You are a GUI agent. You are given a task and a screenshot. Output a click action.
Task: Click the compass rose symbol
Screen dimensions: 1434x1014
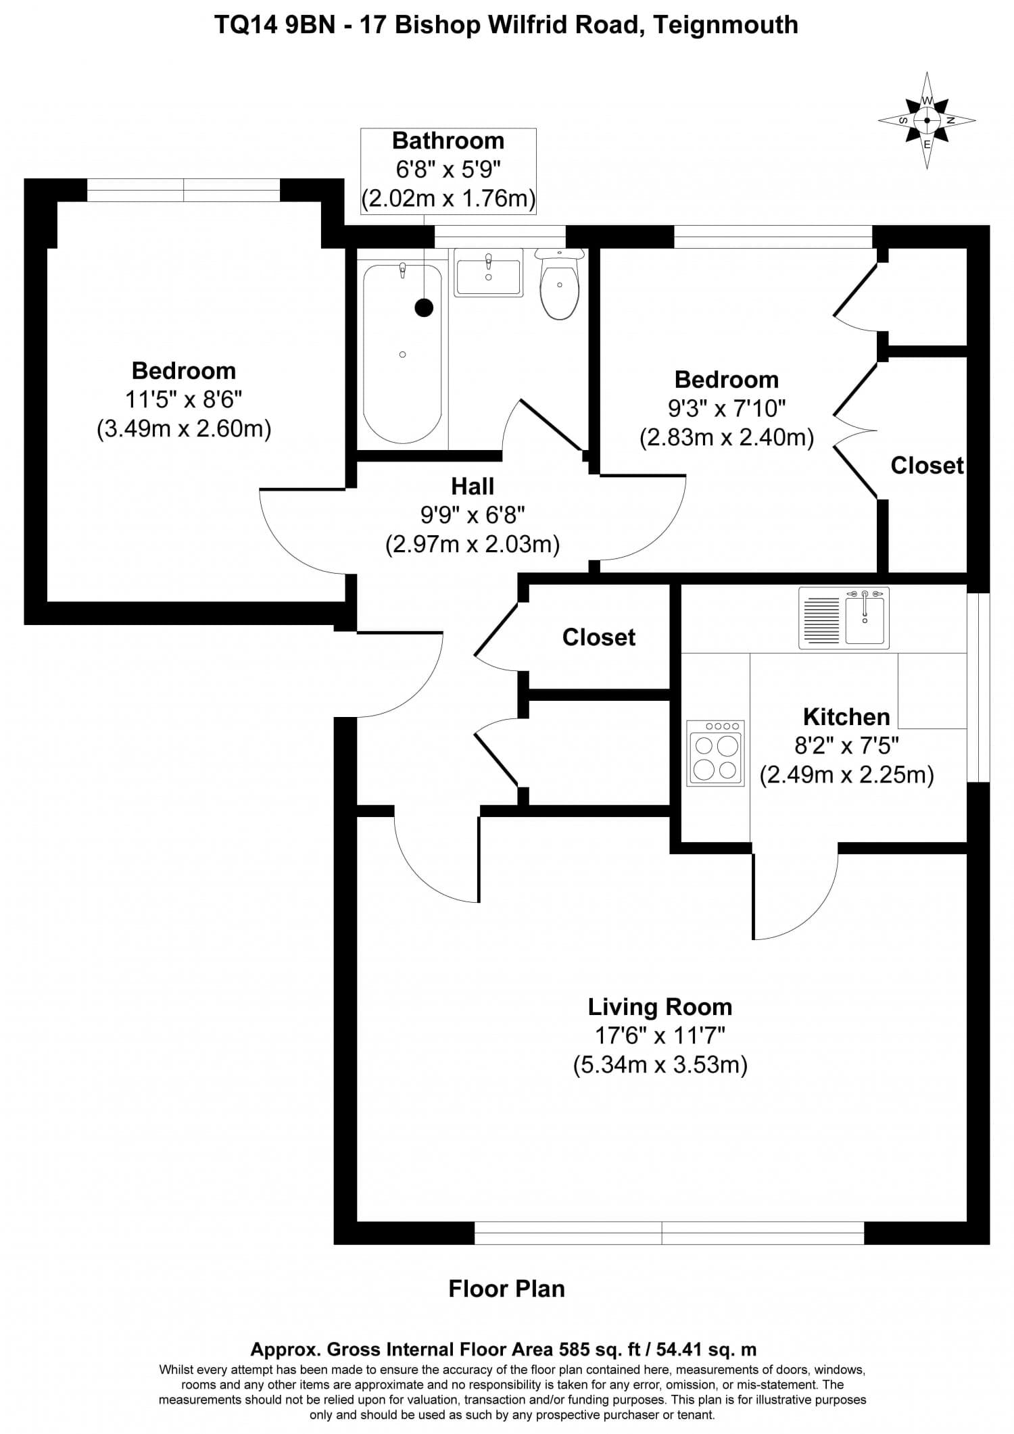click(927, 121)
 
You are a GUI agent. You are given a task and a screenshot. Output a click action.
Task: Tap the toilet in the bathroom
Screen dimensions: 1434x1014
click(560, 287)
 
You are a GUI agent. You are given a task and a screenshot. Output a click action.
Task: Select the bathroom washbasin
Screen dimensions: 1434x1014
click(488, 274)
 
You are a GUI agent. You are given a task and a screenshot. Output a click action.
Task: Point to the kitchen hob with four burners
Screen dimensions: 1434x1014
click(715, 753)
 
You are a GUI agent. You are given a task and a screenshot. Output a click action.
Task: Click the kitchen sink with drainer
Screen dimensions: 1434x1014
click(844, 618)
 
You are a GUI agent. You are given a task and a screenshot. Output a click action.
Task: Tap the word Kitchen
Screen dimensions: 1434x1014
click(846, 716)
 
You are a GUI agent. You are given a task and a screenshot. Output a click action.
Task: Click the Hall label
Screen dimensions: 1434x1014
click(473, 487)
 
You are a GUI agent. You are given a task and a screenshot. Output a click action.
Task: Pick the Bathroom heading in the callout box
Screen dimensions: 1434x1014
click(448, 141)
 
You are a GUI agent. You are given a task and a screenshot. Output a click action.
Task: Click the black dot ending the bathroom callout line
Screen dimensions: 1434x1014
click(424, 308)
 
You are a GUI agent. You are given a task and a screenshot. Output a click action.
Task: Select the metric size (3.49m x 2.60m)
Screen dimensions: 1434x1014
click(184, 428)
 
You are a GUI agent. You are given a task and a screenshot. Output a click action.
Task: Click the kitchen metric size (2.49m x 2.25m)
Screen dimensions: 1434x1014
click(846, 774)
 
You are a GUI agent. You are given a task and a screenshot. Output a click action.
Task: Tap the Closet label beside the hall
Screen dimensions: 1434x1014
click(598, 637)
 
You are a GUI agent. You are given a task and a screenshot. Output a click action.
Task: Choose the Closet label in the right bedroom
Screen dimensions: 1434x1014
click(927, 466)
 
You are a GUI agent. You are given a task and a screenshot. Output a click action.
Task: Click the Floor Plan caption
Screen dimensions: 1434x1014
click(506, 1289)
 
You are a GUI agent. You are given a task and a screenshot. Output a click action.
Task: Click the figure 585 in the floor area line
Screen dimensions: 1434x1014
click(571, 1350)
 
